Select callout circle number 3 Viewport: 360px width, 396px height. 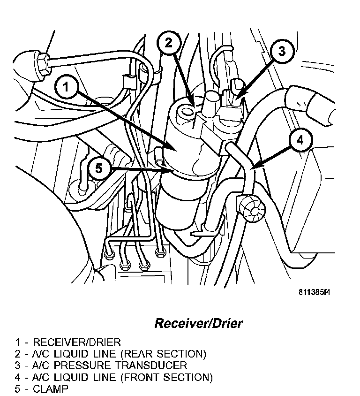point(281,51)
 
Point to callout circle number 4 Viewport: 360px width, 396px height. point(300,140)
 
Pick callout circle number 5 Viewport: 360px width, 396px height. point(98,168)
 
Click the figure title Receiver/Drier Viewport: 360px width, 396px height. point(199,324)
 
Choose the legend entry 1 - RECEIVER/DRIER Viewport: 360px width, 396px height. point(67,342)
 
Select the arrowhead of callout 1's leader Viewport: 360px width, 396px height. point(174,150)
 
